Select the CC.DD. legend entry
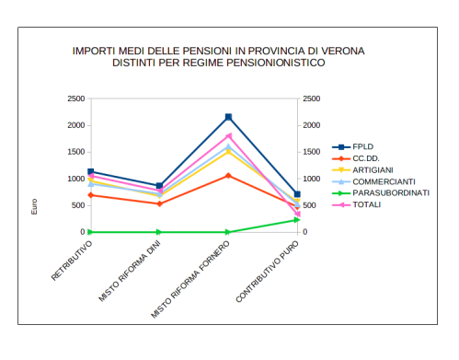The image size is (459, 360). tap(366, 158)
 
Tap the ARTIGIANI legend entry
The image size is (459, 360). tap(371, 169)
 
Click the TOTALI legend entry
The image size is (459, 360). tap(367, 203)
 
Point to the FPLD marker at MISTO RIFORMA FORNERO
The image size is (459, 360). tap(228, 117)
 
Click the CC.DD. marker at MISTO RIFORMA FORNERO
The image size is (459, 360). tap(228, 175)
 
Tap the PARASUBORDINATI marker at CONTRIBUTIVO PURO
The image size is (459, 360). tap(297, 220)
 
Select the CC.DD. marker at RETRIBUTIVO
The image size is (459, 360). tap(90, 195)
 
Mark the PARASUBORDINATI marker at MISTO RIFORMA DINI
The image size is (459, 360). tap(159, 232)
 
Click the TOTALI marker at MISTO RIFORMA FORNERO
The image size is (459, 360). tap(228, 136)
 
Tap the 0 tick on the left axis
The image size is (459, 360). tap(81, 232)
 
